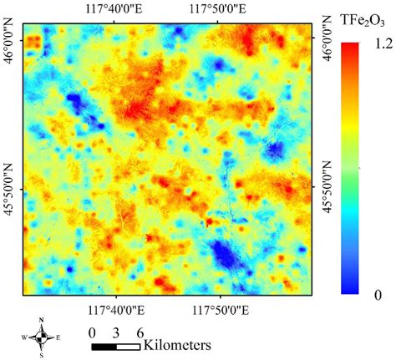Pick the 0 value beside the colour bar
coord(378,294)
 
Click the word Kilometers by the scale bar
coord(176,343)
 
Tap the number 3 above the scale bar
coord(117,330)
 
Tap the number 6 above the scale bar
coord(138,330)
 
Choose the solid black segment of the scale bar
coord(104,344)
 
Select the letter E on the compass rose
coord(58,337)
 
